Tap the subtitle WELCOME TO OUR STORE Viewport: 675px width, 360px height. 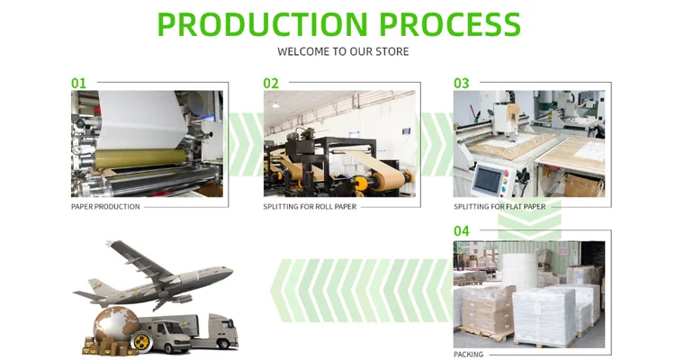343,51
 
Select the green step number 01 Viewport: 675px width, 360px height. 79,83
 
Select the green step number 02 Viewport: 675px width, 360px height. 271,83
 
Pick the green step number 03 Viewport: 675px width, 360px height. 461,83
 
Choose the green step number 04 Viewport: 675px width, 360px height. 461,231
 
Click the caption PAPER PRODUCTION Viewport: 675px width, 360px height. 105,207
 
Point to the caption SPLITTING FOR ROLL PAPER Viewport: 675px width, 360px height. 309,207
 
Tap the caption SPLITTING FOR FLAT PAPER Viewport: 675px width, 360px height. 499,207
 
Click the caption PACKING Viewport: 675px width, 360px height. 468,355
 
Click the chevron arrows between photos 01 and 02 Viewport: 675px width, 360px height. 245,144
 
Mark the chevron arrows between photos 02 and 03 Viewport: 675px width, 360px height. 436,144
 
